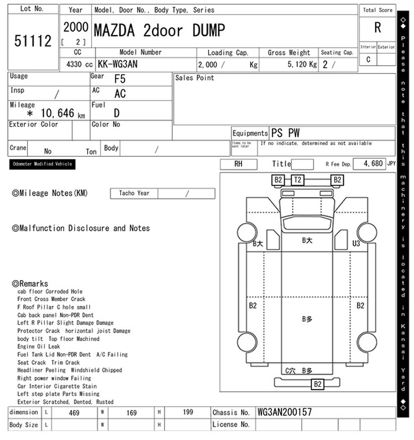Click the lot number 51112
[33, 41]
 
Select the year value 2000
[76, 27]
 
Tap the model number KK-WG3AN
[117, 64]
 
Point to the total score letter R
[378, 28]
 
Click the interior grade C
[368, 60]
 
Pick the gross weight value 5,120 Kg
[302, 65]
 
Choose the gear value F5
[120, 79]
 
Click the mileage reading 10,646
[57, 113]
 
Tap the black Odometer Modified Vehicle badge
[42, 164]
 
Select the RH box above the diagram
[239, 164]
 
